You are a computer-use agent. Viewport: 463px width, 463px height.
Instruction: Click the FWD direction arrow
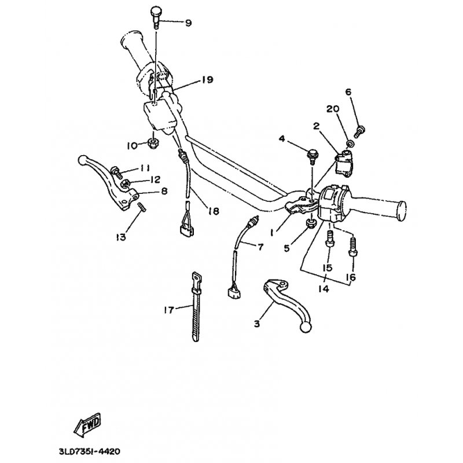pos(87,425)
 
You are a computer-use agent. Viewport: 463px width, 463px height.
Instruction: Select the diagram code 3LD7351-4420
pos(90,451)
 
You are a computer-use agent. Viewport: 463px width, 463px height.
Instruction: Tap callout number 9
pos(188,23)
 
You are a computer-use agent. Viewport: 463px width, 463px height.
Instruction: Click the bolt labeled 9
pos(156,17)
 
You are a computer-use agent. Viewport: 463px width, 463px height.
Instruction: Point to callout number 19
pos(208,80)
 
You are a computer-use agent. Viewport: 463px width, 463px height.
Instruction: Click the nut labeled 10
pos(153,144)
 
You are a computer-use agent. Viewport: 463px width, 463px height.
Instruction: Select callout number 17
pos(169,310)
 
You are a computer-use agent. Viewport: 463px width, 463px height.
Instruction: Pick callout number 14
pos(324,289)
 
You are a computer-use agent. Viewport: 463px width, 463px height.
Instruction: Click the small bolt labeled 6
pos(359,131)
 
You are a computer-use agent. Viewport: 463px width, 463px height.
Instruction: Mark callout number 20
pos(333,109)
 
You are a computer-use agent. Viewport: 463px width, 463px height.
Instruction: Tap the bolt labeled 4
pos(312,156)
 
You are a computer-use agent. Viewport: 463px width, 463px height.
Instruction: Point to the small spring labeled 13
pos(142,207)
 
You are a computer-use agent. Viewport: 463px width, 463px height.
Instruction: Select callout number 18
pos(214,211)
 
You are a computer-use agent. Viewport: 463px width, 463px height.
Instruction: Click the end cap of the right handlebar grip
pos(401,211)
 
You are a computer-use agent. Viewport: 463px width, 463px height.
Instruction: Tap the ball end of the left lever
pos(83,160)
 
